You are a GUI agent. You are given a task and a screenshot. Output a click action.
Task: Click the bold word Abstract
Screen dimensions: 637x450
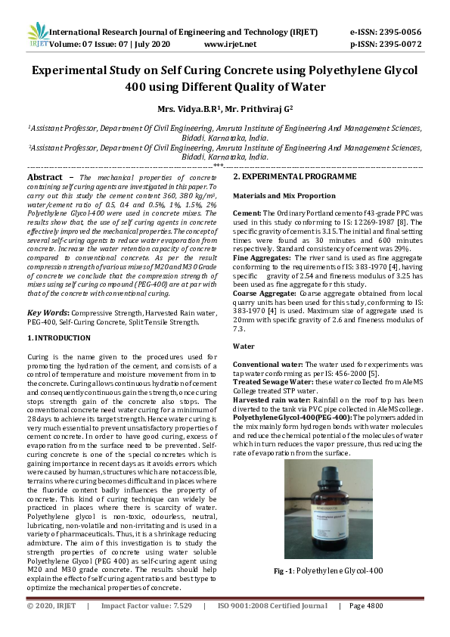pyautogui.click(x=45, y=176)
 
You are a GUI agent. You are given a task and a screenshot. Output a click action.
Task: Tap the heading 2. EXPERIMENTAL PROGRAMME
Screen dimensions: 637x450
pyautogui.click(x=294, y=176)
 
